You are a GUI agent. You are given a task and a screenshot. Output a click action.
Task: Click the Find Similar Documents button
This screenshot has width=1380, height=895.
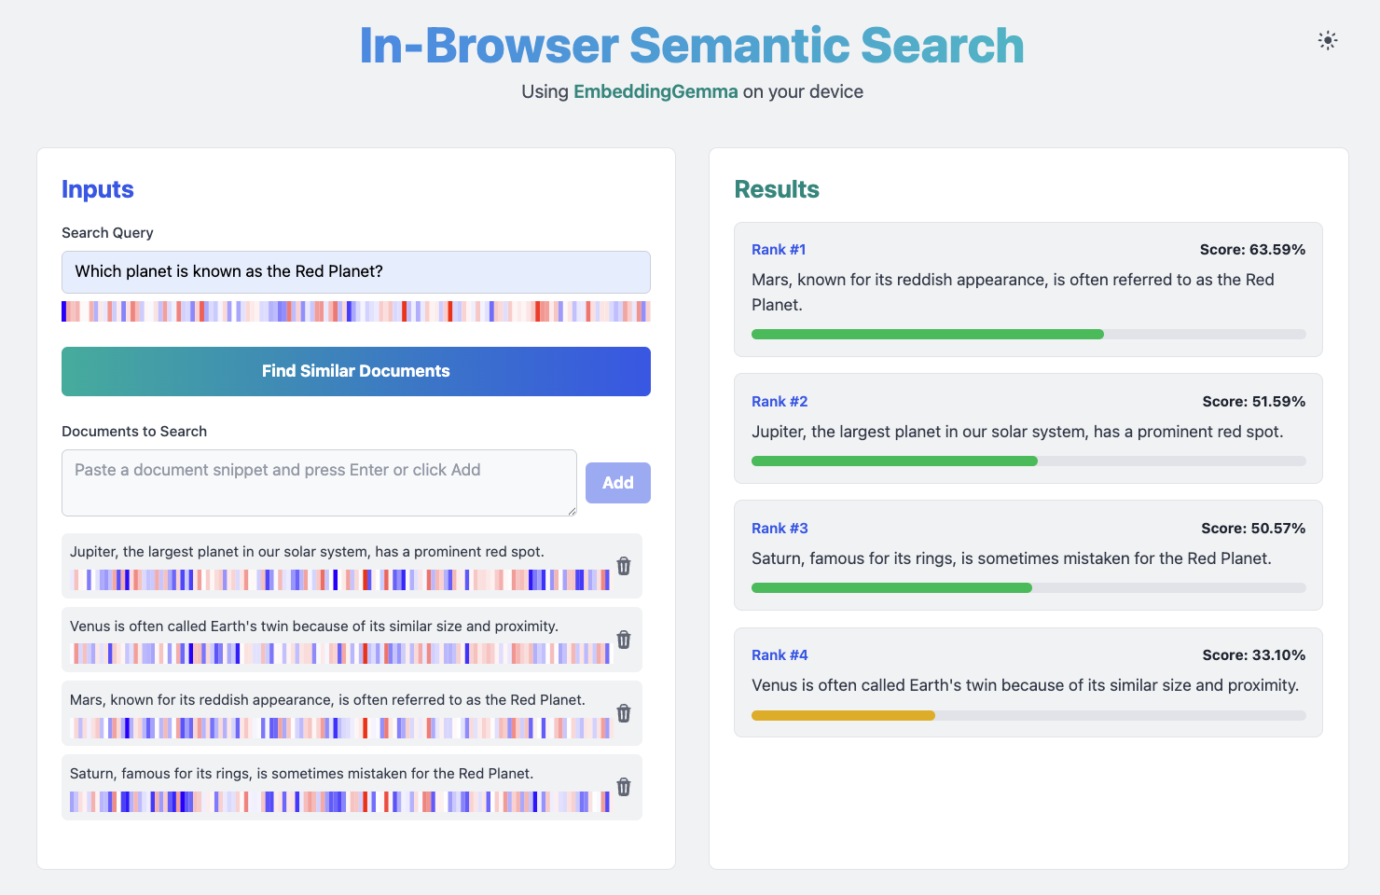(356, 371)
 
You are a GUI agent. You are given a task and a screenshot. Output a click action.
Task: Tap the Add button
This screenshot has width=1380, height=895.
(618, 482)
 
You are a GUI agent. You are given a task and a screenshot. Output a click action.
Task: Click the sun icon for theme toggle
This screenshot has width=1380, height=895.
(1328, 41)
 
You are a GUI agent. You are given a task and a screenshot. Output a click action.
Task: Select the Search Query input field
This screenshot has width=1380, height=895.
(356, 271)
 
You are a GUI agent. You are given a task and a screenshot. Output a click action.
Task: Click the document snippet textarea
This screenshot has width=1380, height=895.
(319, 482)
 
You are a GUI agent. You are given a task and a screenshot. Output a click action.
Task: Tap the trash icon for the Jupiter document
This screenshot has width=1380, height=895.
(624, 566)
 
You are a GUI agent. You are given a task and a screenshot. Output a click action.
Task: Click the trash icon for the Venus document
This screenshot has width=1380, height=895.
(624, 640)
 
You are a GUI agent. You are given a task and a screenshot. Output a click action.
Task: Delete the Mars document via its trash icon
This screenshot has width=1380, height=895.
(624, 712)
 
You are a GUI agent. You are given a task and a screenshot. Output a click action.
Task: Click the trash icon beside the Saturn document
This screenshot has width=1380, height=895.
(624, 787)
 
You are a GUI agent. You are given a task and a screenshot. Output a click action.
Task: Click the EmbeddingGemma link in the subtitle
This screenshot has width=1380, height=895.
(655, 91)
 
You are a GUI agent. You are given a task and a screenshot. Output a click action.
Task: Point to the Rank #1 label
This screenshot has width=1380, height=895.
(779, 250)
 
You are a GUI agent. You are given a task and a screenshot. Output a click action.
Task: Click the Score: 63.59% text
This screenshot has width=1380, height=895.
(1252, 250)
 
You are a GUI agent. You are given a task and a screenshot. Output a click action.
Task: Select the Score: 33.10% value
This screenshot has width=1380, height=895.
(1254, 654)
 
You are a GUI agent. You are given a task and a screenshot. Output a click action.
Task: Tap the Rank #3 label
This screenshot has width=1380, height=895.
(780, 528)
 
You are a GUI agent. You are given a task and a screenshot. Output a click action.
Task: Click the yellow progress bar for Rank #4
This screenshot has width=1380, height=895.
(843, 715)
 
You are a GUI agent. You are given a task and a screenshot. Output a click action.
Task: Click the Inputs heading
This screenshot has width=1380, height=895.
(97, 189)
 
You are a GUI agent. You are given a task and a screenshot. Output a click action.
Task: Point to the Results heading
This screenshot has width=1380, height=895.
(776, 189)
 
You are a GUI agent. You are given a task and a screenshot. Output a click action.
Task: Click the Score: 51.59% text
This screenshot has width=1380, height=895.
(1254, 401)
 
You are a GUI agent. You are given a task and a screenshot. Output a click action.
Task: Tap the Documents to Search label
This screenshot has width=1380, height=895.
(134, 431)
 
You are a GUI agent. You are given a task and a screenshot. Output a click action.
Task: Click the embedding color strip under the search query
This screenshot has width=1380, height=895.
(356, 311)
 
